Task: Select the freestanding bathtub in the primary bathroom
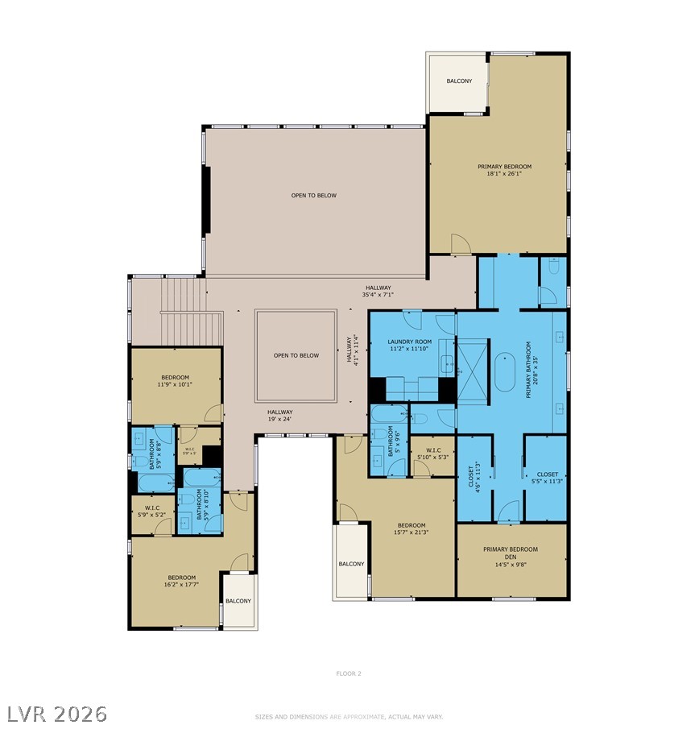point(506,372)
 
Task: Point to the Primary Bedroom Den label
point(511,554)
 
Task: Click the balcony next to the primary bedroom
point(459,82)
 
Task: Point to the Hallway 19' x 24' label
point(279,415)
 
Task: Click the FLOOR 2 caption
point(349,673)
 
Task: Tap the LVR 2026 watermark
point(56,713)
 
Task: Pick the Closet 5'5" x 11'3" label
point(547,478)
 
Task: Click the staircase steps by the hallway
point(192,310)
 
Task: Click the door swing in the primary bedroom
point(460,242)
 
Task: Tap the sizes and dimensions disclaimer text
point(349,715)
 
